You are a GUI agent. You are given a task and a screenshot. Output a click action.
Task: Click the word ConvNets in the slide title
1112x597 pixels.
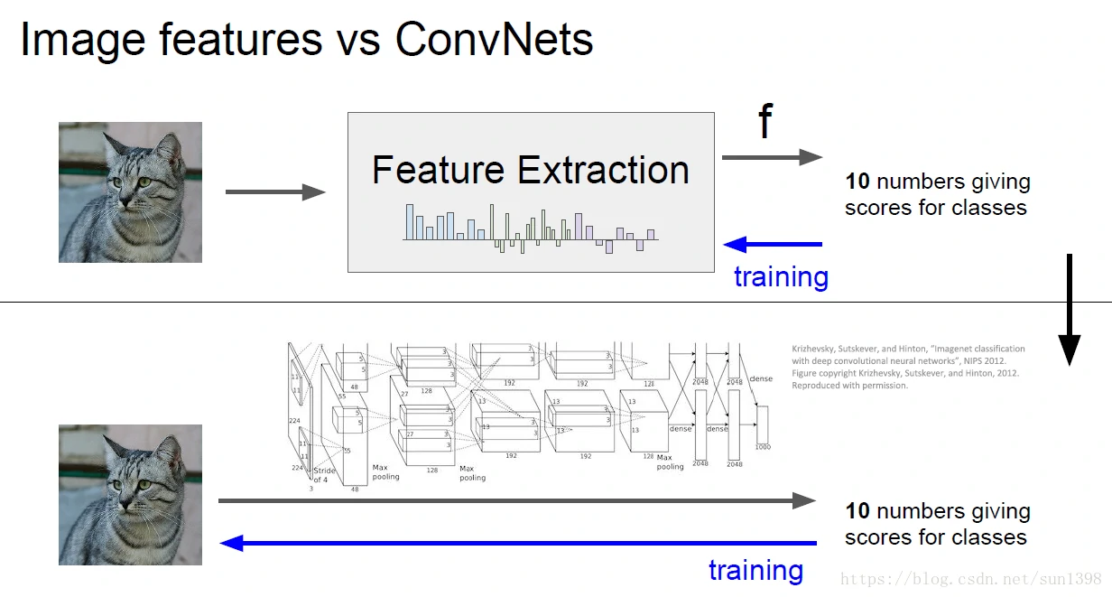click(495, 40)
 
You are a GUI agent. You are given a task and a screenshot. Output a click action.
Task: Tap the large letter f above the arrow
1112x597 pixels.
click(765, 121)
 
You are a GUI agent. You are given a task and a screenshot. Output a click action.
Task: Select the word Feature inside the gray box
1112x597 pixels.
click(437, 170)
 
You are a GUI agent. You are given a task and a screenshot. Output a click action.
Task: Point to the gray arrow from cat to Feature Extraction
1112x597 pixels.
click(274, 191)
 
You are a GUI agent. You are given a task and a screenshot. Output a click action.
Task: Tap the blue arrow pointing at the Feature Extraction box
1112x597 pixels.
click(773, 244)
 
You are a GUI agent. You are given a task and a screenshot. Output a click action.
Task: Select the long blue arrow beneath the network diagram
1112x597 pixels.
click(518, 543)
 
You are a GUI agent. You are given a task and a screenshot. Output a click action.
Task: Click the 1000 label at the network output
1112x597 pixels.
click(763, 446)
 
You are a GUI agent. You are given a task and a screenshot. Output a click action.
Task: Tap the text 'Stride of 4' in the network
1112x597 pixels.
click(324, 475)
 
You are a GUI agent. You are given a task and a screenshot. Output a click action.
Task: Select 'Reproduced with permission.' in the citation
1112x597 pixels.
click(849, 386)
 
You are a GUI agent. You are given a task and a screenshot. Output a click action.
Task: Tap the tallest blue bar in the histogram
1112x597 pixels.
click(410, 222)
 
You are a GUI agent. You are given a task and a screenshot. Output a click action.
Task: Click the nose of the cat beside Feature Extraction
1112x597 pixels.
click(127, 193)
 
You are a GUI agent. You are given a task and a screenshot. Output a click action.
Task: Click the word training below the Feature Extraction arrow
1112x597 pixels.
click(781, 276)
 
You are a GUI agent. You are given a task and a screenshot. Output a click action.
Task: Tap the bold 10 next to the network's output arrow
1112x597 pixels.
click(857, 511)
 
